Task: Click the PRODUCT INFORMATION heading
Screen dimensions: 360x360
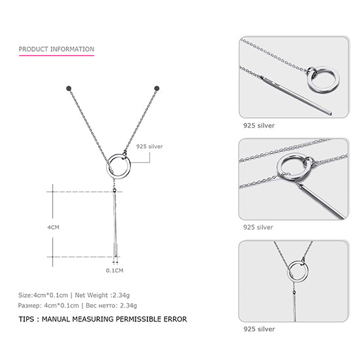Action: point(56,49)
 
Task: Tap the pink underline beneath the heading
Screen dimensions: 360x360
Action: point(56,55)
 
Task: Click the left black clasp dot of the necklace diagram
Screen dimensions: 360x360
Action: point(69,87)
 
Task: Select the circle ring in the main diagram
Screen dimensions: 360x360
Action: point(119,164)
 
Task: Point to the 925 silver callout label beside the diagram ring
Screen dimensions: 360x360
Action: point(149,147)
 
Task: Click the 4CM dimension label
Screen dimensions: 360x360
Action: point(53,226)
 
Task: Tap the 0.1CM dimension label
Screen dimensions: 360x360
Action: point(115,270)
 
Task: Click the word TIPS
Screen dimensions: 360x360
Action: point(28,319)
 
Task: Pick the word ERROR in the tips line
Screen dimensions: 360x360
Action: point(174,319)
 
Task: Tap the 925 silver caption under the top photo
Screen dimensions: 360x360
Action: point(259,125)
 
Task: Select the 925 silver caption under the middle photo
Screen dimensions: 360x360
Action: point(259,227)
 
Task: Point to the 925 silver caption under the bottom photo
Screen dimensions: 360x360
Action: point(259,329)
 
